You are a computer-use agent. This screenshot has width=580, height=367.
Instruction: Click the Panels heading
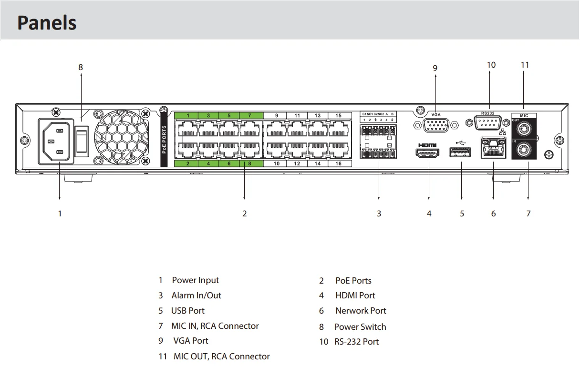[x=47, y=22]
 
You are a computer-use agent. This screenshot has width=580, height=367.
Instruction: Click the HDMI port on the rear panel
[x=428, y=153]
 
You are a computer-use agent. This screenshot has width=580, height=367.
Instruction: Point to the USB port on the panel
[x=460, y=153]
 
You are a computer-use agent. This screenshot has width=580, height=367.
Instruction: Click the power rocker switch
[x=82, y=142]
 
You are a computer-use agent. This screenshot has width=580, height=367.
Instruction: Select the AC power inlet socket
[x=56, y=142]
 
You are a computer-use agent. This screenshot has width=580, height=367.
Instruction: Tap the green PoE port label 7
[x=249, y=115]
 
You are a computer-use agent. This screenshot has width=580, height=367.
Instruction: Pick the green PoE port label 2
[x=188, y=163]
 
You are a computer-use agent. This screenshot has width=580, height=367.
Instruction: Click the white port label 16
[x=338, y=163]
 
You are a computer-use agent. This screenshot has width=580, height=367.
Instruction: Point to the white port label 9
[x=277, y=115]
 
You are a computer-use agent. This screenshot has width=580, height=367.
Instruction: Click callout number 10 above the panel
[x=491, y=65]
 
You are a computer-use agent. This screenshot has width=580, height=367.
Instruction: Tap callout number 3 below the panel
[x=379, y=214]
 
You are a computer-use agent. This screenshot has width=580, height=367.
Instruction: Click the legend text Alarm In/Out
[x=196, y=296]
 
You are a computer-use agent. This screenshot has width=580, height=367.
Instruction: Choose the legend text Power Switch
[x=360, y=327]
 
